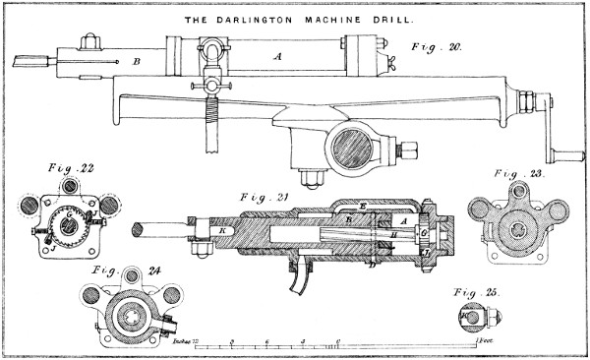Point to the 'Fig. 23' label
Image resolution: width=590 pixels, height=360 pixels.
coord(521,173)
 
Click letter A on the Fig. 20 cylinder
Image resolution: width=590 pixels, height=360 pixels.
coord(278,57)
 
